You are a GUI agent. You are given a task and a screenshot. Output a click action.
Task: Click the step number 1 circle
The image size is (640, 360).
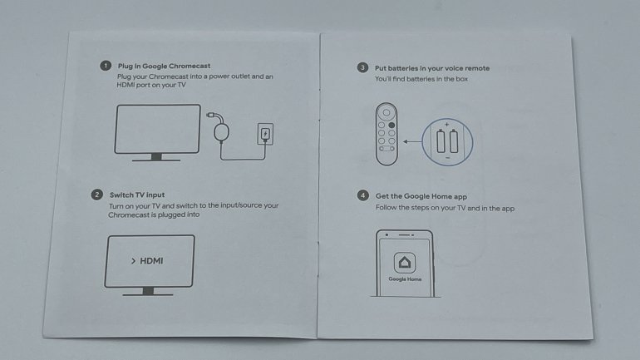coord(106,66)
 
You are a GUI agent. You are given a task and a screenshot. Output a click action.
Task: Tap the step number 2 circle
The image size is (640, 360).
coord(96,195)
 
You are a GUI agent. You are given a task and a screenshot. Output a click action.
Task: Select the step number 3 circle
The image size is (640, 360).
coord(362,67)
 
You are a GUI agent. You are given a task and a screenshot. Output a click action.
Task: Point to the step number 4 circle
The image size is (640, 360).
coord(363,195)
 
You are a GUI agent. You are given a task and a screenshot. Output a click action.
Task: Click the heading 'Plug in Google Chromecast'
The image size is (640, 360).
coord(164,66)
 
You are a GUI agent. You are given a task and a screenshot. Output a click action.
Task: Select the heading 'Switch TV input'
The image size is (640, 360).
coord(137,195)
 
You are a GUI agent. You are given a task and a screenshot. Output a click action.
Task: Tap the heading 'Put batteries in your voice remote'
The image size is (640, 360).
coord(432,68)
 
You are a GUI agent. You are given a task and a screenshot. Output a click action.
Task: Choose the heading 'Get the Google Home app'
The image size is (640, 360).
coord(421,196)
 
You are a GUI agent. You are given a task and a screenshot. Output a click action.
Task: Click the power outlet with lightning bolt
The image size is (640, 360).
coord(265,134)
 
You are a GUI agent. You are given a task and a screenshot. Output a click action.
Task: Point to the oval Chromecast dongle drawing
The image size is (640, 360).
coord(221,132)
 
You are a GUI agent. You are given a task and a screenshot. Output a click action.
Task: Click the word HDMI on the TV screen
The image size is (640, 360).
coord(151,261)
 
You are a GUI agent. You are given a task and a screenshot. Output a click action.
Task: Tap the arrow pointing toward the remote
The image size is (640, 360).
coord(411,141)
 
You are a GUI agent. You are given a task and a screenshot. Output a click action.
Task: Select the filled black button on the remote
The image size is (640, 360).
coord(391,125)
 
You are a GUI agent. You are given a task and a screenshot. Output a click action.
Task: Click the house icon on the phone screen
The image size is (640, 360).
coord(405,262)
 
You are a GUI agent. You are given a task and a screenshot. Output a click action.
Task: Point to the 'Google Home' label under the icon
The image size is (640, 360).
coord(405,279)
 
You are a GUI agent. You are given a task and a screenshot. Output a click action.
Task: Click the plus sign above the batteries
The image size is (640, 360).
coord(447,124)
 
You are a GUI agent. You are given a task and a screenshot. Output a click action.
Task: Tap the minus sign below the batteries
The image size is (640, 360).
coord(448,157)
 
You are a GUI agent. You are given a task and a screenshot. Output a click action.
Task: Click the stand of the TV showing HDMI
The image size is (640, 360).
coord(148,292)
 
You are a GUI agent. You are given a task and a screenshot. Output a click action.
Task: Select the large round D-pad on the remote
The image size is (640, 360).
coord(386,112)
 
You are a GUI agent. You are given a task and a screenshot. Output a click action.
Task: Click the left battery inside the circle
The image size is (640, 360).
coord(441,141)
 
